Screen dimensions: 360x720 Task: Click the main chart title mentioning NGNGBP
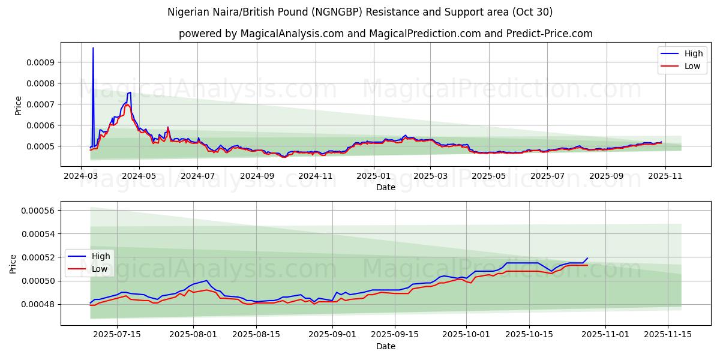[x=360, y=12]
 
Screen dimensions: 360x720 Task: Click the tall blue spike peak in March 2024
[x=93, y=48]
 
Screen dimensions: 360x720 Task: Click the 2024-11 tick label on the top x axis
[x=315, y=176]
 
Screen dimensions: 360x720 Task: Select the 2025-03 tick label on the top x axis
[x=431, y=176]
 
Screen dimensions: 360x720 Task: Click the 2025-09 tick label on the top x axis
[x=606, y=176]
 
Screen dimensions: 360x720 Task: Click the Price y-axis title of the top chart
[x=18, y=105]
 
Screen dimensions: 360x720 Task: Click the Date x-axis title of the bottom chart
[x=385, y=346]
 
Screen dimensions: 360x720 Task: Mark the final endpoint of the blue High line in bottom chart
[x=587, y=258]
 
